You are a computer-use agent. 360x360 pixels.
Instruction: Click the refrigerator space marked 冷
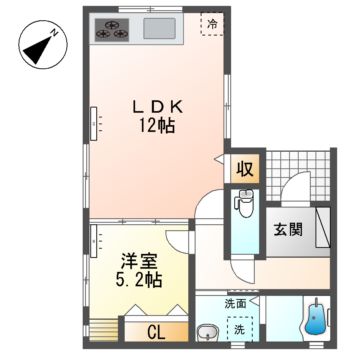click(211, 22)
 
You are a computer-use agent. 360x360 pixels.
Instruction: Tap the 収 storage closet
click(243, 169)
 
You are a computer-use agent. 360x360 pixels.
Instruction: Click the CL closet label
click(160, 331)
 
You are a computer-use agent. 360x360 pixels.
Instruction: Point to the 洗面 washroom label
click(236, 303)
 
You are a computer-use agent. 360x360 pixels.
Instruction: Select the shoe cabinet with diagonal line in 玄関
click(321, 231)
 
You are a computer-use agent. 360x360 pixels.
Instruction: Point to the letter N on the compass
click(56, 32)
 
